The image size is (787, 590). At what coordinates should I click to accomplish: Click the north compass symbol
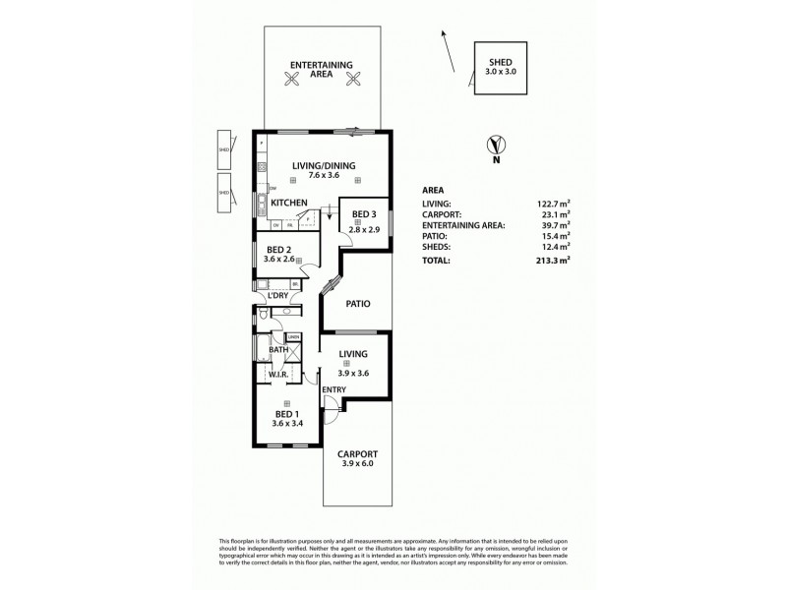[496, 147]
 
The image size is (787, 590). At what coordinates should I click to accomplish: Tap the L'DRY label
[278, 295]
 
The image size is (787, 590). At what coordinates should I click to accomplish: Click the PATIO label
[357, 304]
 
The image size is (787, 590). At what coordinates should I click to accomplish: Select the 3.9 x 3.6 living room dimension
[353, 374]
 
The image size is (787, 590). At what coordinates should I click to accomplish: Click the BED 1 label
[286, 416]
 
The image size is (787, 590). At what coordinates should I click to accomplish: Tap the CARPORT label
[357, 453]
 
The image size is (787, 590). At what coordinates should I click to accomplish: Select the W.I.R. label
[275, 374]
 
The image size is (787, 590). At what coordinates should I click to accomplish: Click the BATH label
[278, 349]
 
